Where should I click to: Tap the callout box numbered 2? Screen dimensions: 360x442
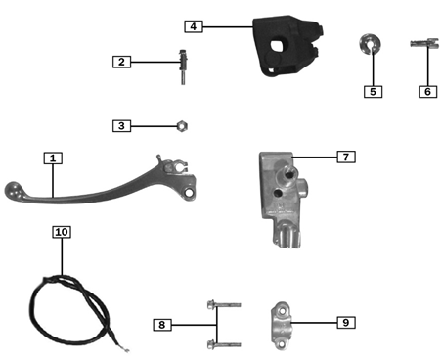[122, 62]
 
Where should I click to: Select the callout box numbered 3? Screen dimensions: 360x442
[121, 125]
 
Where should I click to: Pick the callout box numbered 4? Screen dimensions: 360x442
[196, 26]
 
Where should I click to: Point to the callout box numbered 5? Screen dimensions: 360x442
[372, 91]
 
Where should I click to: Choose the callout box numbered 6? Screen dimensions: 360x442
[426, 91]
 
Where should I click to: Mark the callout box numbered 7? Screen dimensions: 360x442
[345, 156]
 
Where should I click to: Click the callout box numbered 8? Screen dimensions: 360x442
[163, 324]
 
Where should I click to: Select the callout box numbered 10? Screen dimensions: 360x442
[62, 232]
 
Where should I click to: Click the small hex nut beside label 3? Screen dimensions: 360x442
[180, 125]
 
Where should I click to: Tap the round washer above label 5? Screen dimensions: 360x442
[371, 46]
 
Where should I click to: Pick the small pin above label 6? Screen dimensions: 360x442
[426, 45]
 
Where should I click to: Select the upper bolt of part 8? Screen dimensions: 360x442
[222, 306]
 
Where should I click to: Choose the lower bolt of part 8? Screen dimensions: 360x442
[222, 342]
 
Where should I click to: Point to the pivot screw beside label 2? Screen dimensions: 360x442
[182, 65]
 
